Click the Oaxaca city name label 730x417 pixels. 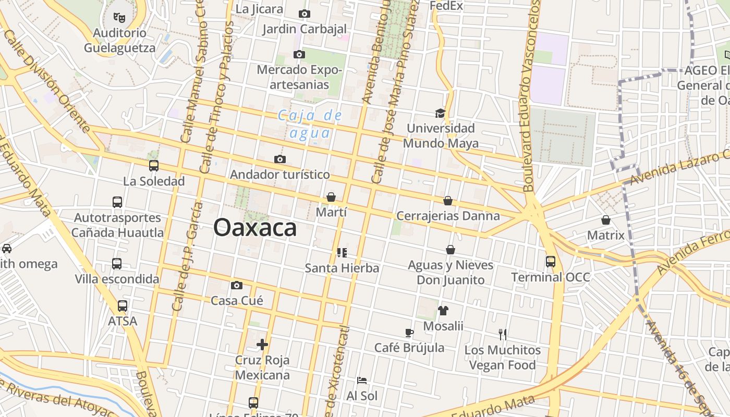(255, 228)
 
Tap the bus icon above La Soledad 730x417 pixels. (154, 166)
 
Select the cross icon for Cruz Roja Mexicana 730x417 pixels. (262, 345)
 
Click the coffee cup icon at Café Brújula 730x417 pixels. (409, 333)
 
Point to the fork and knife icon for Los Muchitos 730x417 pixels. (503, 334)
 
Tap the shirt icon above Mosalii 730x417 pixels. (443, 311)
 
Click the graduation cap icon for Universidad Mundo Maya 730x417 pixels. (441, 113)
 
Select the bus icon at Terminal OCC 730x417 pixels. (551, 261)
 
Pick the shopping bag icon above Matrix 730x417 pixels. (606, 220)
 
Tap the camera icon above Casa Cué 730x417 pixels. (237, 285)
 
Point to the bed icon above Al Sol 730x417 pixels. (362, 381)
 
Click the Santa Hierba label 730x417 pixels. (342, 268)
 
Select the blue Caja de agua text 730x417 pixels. (310, 124)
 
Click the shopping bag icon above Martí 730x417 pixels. (331, 197)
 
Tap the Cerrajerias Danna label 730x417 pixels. (448, 216)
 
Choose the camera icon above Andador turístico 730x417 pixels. (280, 159)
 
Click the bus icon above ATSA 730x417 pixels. (123, 306)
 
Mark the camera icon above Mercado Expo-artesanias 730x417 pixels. (299, 54)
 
